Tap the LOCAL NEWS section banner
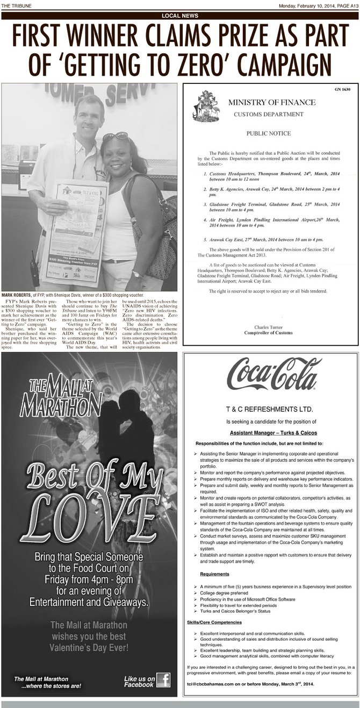(180, 16)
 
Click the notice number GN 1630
(342, 89)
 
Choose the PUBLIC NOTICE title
(271, 132)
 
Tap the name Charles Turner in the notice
(271, 327)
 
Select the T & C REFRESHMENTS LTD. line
(271, 410)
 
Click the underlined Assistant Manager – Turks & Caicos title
(271, 433)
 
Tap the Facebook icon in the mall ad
(163, 681)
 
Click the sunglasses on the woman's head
(116, 137)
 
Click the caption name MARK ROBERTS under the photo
(17, 295)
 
